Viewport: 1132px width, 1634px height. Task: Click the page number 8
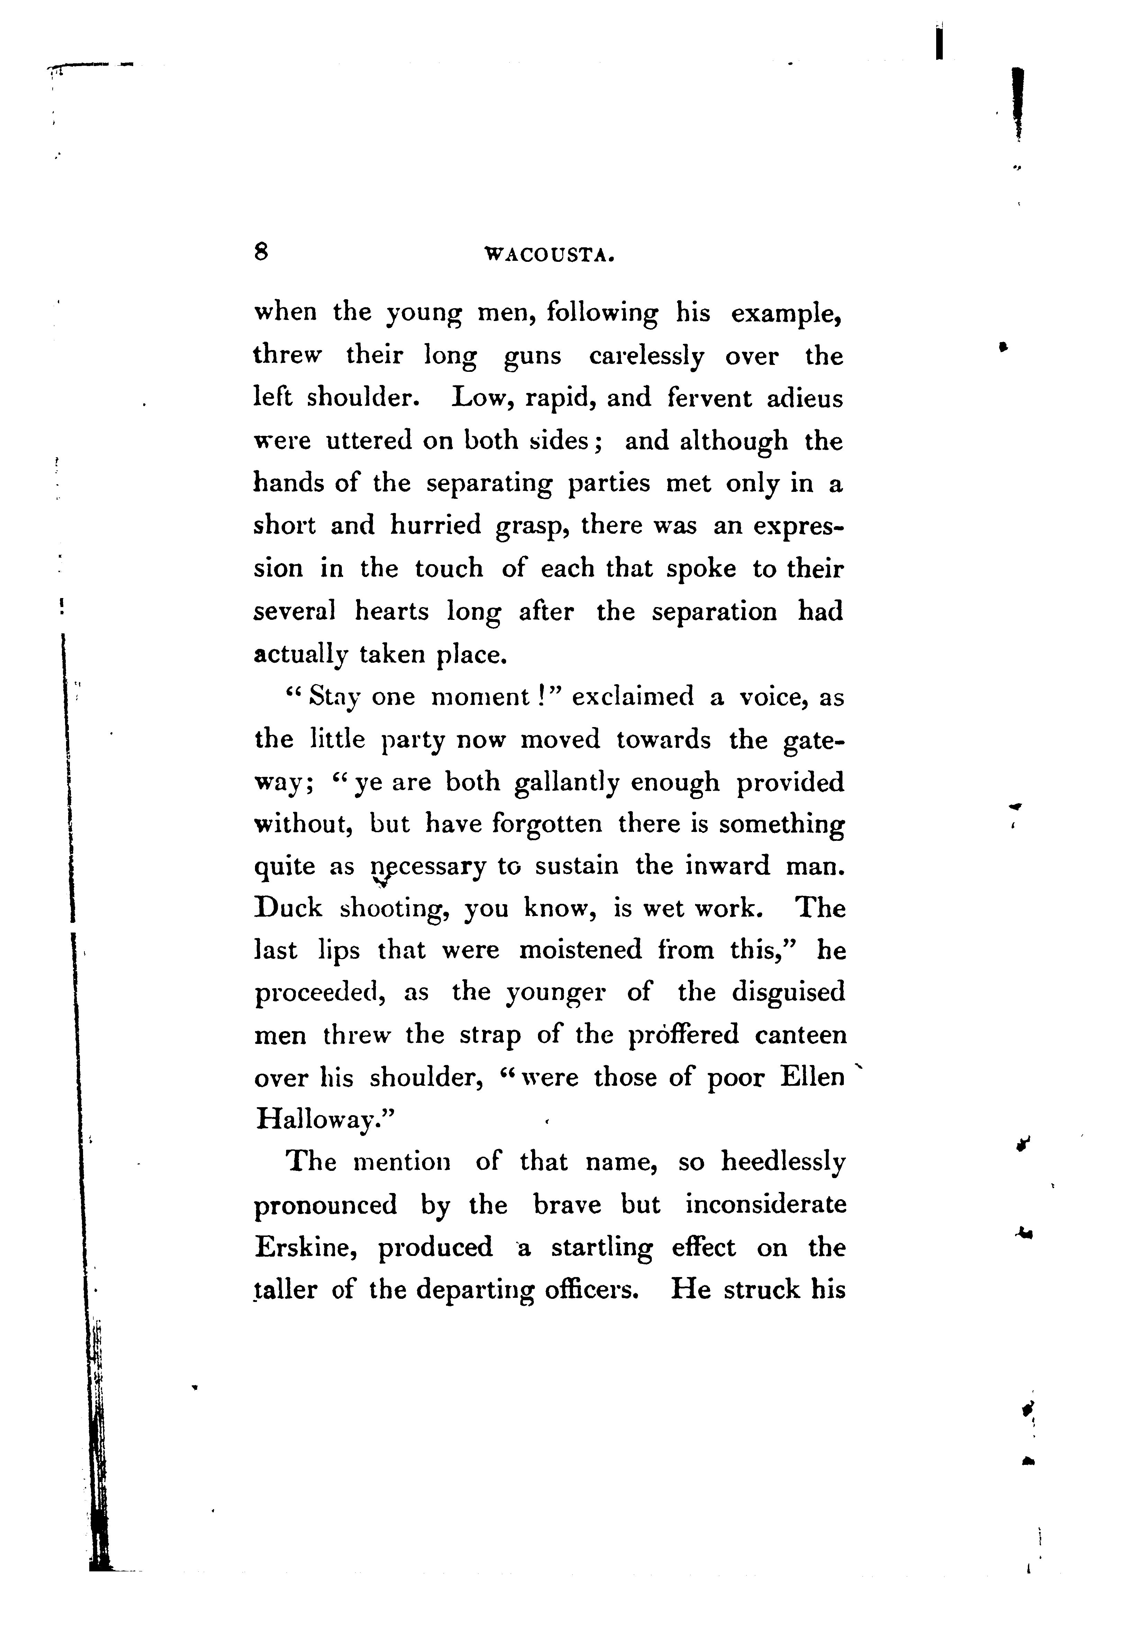(x=261, y=252)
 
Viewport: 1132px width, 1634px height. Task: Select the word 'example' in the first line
(x=784, y=313)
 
